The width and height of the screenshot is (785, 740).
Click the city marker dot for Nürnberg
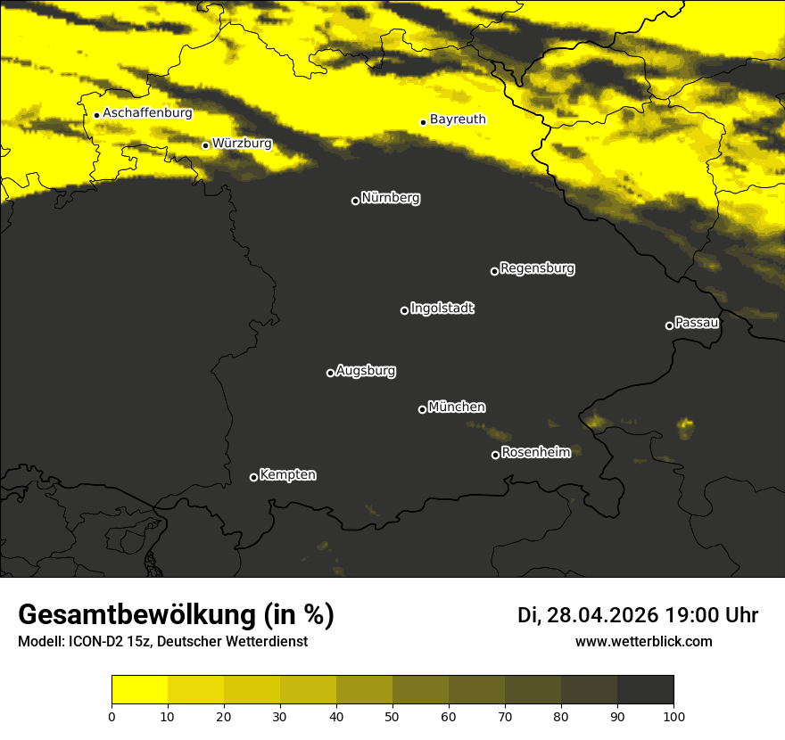pyautogui.click(x=355, y=201)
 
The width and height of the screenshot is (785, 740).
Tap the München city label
pyautogui.click(x=457, y=407)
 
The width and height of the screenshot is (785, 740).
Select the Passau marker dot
pyautogui.click(x=669, y=325)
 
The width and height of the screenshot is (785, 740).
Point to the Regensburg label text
pyautogui.click(x=537, y=268)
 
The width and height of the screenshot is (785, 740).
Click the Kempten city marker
pyautogui.click(x=253, y=477)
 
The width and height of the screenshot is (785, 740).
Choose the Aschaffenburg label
pyautogui.click(x=147, y=113)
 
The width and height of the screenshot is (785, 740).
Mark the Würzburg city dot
pyautogui.click(x=205, y=145)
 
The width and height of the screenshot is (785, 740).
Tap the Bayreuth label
pyautogui.click(x=458, y=119)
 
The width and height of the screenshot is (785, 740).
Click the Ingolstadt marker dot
pyautogui.click(x=404, y=310)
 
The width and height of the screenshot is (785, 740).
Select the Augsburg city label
pyautogui.click(x=366, y=371)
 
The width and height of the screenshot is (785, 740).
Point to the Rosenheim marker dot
pyautogui.click(x=495, y=456)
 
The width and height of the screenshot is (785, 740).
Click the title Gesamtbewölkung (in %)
pyautogui.click(x=176, y=615)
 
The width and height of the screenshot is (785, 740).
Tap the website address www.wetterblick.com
pyautogui.click(x=643, y=641)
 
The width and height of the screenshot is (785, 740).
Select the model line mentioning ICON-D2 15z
pyautogui.click(x=162, y=641)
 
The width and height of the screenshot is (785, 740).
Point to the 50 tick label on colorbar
pyautogui.click(x=392, y=715)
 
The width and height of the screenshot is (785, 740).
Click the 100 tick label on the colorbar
pyautogui.click(x=673, y=715)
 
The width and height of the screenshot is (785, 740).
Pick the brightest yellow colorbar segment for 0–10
pyautogui.click(x=140, y=690)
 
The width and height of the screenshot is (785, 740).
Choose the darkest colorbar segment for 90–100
pyautogui.click(x=645, y=690)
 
